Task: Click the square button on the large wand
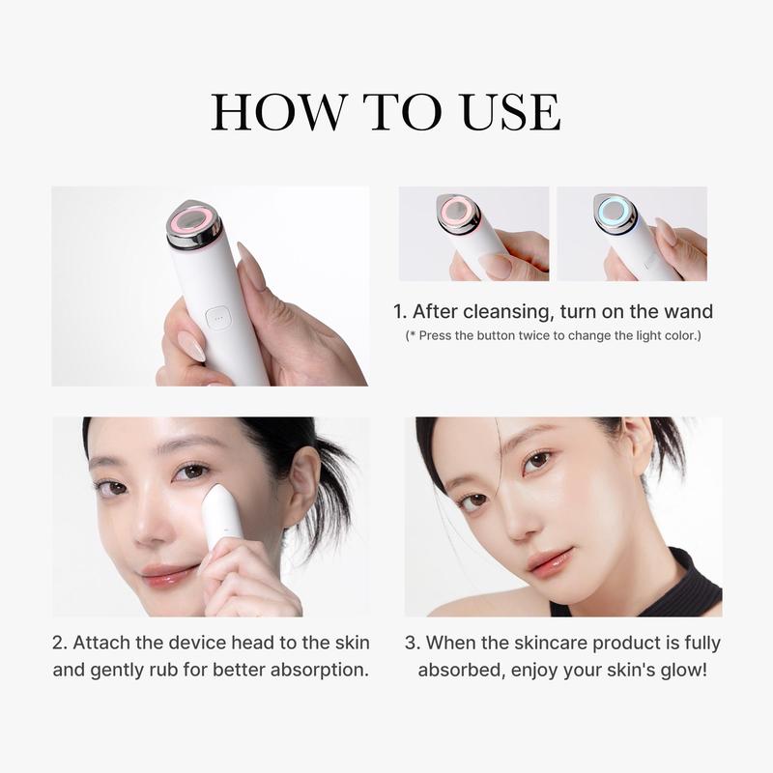[218, 316]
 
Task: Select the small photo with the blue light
[632, 234]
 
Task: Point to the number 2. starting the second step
[59, 643]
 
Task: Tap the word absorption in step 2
[322, 669]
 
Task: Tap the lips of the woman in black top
[547, 560]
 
